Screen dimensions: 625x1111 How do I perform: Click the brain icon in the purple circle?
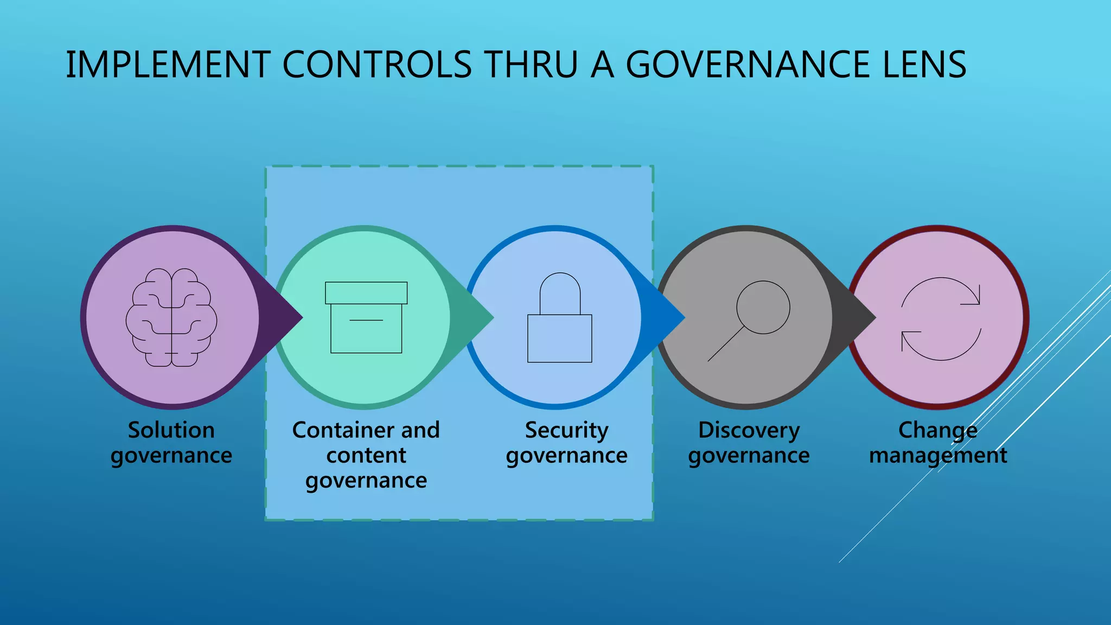(171, 317)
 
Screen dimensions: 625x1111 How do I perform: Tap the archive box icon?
(366, 317)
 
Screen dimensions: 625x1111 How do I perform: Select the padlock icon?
(560, 318)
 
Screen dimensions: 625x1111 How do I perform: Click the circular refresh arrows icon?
(941, 319)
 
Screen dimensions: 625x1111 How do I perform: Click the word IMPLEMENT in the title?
(168, 65)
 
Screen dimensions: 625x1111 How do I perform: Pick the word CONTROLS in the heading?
(377, 65)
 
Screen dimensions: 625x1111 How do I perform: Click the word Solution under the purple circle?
(171, 430)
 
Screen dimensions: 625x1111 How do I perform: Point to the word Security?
(566, 431)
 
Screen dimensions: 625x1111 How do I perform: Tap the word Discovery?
(749, 431)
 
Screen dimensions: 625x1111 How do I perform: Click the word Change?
(938, 431)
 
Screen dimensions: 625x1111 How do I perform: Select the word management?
(938, 456)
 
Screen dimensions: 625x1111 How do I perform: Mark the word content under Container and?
(366, 455)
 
